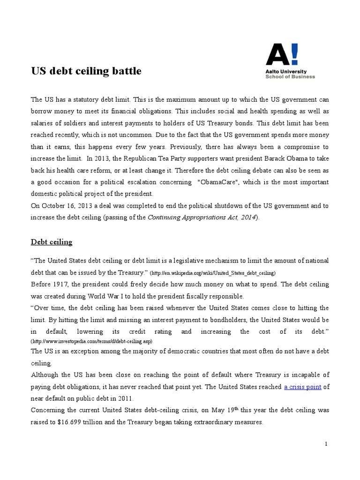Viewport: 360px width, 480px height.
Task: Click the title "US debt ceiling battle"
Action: (86, 71)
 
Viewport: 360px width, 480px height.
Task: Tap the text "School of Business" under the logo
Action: (290, 76)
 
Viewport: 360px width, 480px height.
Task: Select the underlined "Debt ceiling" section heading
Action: (52, 242)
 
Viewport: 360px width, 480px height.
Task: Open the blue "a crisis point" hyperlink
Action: (302, 387)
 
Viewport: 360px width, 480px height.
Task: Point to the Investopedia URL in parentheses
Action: (92, 341)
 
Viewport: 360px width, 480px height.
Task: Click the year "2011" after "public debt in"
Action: (126, 398)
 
